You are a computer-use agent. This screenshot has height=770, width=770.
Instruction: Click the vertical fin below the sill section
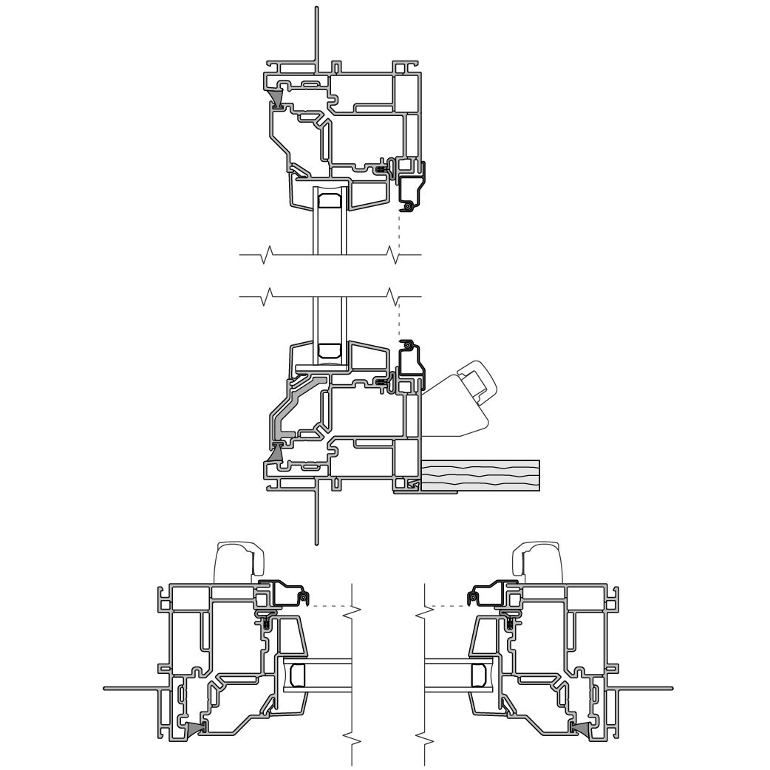click(316, 517)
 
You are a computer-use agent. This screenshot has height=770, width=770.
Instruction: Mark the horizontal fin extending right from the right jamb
click(643, 688)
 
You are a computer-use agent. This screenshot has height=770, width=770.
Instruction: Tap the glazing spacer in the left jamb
click(298, 675)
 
